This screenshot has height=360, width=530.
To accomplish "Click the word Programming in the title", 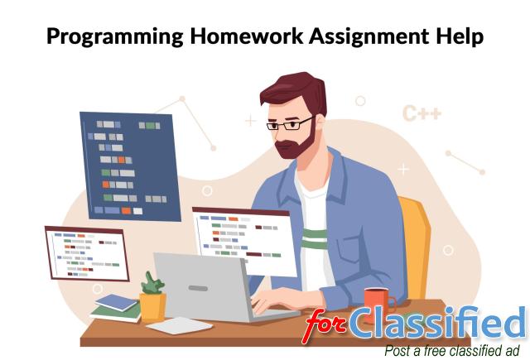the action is [115, 36].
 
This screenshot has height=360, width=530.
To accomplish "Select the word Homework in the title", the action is [247, 36].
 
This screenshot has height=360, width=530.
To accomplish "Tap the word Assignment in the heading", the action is [369, 36].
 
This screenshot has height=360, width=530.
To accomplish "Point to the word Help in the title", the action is [460, 36].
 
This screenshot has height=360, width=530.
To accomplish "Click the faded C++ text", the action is [422, 113].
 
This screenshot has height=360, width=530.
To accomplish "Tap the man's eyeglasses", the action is [291, 124].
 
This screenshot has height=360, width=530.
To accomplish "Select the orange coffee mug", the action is [379, 301].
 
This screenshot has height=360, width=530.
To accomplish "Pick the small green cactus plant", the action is [152, 283].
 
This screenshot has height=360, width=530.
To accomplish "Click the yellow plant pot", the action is [152, 306].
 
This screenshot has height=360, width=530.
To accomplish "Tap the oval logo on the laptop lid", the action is [198, 288].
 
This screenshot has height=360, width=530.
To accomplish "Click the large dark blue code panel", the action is [130, 167].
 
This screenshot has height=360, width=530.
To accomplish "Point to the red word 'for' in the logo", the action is [325, 325].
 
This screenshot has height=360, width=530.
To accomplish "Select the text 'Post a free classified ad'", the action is [452, 351].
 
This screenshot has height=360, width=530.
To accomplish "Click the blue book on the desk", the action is [116, 302].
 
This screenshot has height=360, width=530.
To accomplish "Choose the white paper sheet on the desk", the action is [180, 325].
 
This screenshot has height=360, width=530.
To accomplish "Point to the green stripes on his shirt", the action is [315, 239].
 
